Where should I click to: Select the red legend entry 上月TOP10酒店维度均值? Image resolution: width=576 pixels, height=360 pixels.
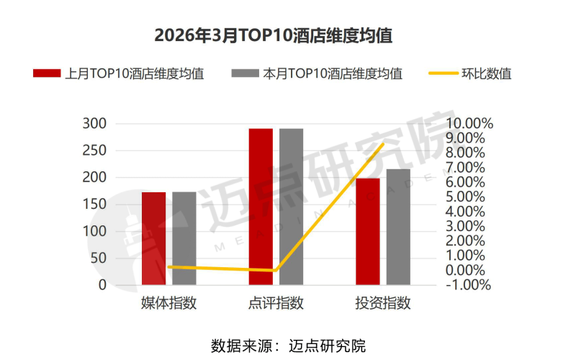pos(119,73)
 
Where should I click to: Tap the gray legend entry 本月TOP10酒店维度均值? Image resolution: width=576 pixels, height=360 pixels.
pos(317,73)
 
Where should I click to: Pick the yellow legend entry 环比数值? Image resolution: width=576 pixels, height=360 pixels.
pos(471,73)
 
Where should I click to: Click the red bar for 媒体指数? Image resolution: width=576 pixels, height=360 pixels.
pos(153,238)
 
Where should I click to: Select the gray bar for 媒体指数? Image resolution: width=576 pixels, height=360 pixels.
pos(184,238)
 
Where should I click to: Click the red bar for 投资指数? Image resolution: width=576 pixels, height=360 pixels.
pos(368,231)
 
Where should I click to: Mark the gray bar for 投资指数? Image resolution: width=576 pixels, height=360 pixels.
pos(398,227)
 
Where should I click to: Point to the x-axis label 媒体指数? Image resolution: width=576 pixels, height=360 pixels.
pos(168,303)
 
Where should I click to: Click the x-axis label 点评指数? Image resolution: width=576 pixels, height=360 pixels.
pos(276,303)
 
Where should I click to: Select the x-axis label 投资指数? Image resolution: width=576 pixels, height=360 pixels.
pos(383,303)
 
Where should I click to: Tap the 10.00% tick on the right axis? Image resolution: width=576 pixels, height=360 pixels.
pos(469,124)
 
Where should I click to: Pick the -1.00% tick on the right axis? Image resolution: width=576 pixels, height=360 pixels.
pos(469,285)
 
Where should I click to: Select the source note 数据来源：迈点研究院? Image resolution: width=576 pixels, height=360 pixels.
pos(288,345)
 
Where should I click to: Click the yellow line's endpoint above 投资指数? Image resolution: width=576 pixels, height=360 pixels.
pos(383,144)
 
